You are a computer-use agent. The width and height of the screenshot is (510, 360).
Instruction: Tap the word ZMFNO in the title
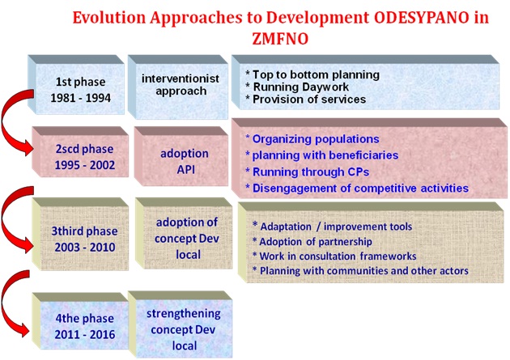[280, 39]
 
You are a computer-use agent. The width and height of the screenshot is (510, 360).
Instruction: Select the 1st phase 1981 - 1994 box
[76, 85]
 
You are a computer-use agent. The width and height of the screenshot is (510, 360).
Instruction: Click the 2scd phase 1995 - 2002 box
[80, 152]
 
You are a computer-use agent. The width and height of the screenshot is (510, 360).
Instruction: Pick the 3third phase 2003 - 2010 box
[80, 234]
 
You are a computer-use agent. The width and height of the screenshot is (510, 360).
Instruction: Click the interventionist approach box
[178, 87]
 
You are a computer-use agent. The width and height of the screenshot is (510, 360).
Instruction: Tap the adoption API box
[181, 156]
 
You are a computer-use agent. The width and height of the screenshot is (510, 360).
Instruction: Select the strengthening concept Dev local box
[181, 324]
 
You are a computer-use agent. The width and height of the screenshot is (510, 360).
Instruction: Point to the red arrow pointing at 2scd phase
[4, 124]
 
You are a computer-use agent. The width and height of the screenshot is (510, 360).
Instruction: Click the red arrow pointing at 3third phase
[4, 221]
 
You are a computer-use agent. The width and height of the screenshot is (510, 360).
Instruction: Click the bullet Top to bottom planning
[312, 74]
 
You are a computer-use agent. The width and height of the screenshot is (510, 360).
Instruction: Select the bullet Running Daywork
[297, 87]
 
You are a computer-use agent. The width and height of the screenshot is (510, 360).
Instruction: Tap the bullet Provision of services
[305, 100]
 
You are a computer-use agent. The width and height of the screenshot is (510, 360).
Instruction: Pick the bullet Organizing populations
[312, 139]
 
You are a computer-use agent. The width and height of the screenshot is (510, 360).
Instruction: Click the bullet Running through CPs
[308, 172]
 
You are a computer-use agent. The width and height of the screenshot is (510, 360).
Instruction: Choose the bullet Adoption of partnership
[312, 242]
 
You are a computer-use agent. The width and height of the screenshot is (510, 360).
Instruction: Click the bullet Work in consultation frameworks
[334, 256]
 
